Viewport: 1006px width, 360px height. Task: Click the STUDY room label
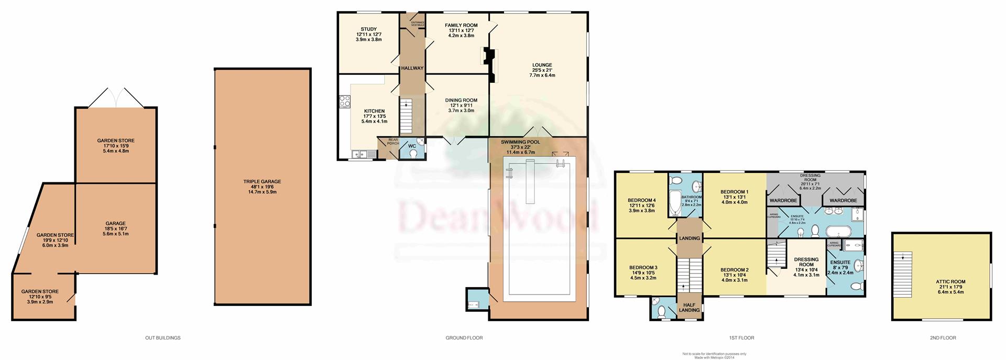pyautogui.click(x=368, y=29)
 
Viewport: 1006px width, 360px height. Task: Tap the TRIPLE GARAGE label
pyautogui.click(x=262, y=182)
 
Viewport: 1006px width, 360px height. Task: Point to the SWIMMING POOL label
pyautogui.click(x=520, y=142)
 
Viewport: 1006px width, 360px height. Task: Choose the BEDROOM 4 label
pyautogui.click(x=641, y=200)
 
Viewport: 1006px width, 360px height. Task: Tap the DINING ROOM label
pyautogui.click(x=461, y=100)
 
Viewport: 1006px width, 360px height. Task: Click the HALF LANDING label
pyautogui.click(x=689, y=307)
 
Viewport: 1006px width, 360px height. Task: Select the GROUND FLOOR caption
pyautogui.click(x=464, y=338)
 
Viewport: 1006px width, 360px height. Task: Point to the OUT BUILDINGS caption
pyautogui.click(x=162, y=338)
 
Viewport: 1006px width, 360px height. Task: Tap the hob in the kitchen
pyautogui.click(x=344, y=101)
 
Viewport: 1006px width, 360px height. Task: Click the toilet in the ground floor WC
pyautogui.click(x=414, y=154)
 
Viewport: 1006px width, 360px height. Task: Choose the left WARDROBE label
pyautogui.click(x=783, y=200)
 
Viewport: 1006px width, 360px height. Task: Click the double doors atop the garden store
pyautogui.click(x=116, y=99)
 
